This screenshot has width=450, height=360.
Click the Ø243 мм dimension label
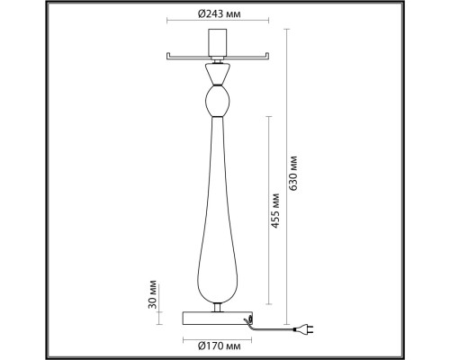click(x=220, y=13)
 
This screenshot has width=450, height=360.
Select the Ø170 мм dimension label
click(x=220, y=346)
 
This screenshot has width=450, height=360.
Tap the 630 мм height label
click(x=293, y=173)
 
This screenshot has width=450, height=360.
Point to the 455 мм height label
click(x=275, y=211)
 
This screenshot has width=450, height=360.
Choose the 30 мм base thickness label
click(x=153, y=294)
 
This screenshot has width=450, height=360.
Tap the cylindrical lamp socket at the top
click(x=218, y=42)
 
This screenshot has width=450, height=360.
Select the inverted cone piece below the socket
click(x=218, y=74)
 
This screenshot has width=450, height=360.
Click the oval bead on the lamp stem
click(x=218, y=101)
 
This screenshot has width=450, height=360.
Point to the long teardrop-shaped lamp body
click(x=218, y=210)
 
